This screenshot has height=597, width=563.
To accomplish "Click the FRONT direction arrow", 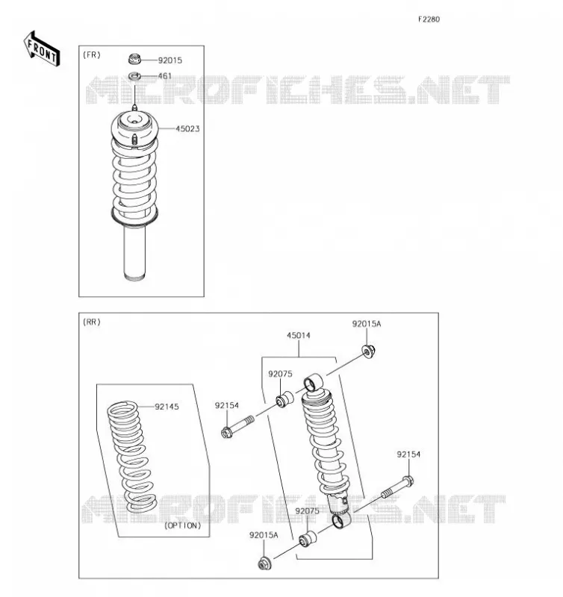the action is click(x=42, y=49).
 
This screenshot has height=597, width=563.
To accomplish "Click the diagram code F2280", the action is click(x=429, y=19).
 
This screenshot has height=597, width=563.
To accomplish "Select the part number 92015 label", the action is click(x=170, y=60).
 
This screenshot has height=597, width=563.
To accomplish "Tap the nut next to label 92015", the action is click(x=134, y=59).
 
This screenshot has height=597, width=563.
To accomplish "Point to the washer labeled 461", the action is click(x=134, y=76).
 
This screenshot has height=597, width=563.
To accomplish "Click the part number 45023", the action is click(x=187, y=128).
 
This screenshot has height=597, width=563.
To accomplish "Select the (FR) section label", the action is click(x=92, y=54).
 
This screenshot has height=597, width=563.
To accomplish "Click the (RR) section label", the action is click(x=92, y=322).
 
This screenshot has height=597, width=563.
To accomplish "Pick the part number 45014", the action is click(x=298, y=335).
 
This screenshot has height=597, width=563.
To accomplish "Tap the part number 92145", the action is click(x=167, y=407).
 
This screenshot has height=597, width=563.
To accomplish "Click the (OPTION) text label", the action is click(x=182, y=525).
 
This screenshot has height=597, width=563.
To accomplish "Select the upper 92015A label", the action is click(x=367, y=324).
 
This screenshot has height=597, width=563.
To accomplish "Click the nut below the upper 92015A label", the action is click(x=368, y=350).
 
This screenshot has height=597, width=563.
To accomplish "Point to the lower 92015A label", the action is click(x=264, y=535).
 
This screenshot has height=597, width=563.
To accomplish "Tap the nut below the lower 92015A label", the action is click(x=264, y=563).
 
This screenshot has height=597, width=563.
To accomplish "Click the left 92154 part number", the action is click(x=227, y=405).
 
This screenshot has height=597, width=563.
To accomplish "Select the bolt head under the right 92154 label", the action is click(x=408, y=481).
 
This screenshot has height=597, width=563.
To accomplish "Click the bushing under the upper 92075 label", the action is click(x=284, y=399).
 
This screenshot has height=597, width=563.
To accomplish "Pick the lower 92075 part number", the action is click(x=307, y=511).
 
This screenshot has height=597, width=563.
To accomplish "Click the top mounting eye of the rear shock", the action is click(x=313, y=383).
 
